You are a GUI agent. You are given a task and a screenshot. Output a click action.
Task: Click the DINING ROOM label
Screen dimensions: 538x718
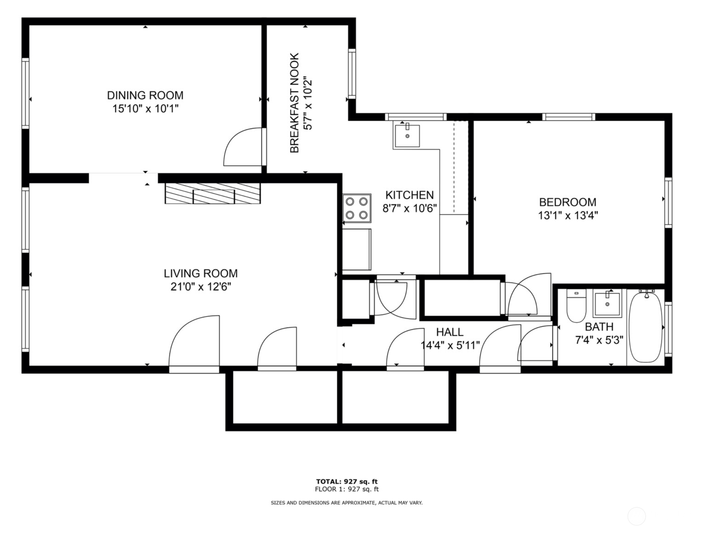145,95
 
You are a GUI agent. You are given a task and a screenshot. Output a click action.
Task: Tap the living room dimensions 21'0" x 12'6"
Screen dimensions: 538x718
200,287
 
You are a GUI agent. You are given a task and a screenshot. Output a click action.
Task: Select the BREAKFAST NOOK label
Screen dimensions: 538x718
294,103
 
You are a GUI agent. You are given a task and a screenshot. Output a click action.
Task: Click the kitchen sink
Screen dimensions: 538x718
406,135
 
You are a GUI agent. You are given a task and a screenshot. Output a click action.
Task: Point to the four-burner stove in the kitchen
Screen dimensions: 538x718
357,208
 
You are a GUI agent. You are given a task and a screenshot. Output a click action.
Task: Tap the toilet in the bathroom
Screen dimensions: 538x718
576,307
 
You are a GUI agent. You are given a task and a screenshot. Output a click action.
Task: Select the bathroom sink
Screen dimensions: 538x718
607,304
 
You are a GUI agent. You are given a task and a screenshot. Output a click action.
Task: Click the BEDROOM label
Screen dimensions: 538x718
567,202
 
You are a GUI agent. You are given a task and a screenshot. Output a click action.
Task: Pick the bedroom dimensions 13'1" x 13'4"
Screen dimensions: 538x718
567,215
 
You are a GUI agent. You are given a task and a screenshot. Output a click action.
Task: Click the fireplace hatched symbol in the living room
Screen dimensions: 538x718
213,193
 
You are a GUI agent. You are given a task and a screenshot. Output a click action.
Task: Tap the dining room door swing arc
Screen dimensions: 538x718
241,147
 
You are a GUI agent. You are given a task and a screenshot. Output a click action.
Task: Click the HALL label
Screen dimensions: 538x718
450,332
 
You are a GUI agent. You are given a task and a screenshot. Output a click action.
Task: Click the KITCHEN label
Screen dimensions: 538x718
409,195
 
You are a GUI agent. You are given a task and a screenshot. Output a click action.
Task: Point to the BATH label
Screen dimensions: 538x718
599,327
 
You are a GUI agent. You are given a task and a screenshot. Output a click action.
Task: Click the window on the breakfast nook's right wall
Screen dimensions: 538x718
352,74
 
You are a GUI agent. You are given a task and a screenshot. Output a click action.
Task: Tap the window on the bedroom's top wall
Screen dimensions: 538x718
568,117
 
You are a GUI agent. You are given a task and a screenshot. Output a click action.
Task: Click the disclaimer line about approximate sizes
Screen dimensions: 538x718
347,503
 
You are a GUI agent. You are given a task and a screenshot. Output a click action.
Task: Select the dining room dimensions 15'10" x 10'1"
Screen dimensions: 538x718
145,109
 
